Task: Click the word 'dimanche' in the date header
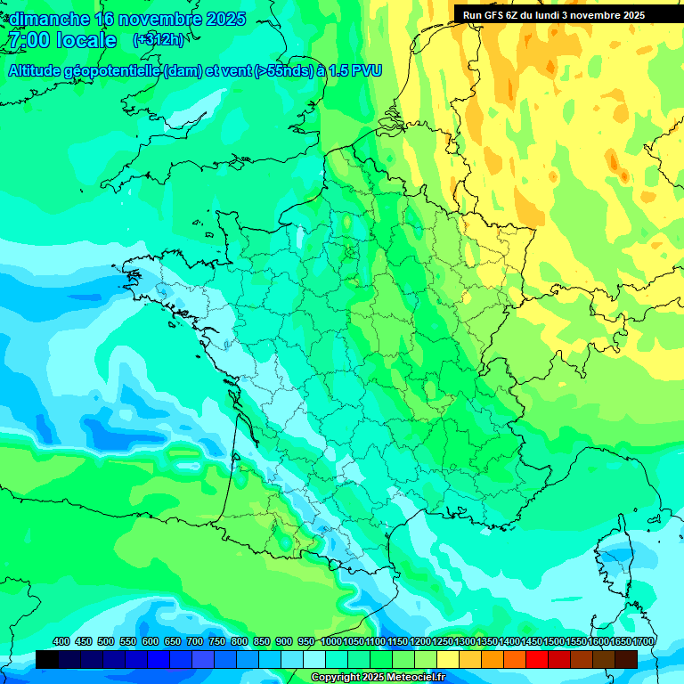pyautogui.click(x=48, y=19)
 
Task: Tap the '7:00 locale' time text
pyautogui.click(x=62, y=40)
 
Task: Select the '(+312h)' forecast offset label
pyautogui.click(x=159, y=39)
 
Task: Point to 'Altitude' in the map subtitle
pyautogui.click(x=41, y=70)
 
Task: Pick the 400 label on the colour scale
pyautogui.click(x=61, y=641)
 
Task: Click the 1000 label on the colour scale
pyautogui.click(x=330, y=641)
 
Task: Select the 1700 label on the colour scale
pyautogui.click(x=642, y=641)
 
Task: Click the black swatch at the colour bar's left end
pyautogui.click(x=47, y=659)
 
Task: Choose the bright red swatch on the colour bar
pyautogui.click(x=537, y=659)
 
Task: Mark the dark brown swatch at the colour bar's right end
pyautogui.click(x=626, y=659)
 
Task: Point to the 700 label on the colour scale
pyautogui.click(x=195, y=641)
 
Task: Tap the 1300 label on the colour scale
pyautogui.click(x=464, y=641)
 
